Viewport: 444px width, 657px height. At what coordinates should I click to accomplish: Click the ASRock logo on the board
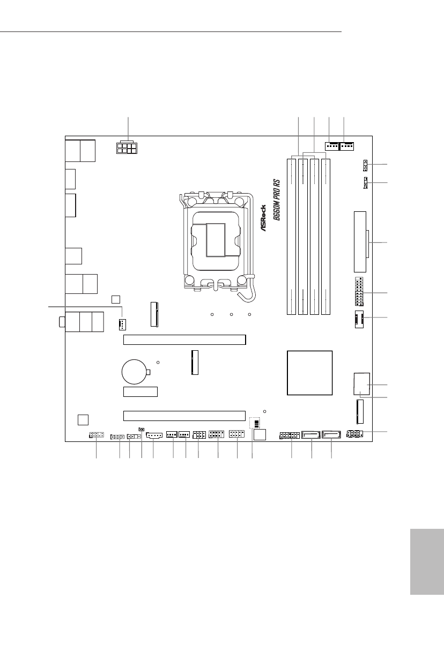(263, 218)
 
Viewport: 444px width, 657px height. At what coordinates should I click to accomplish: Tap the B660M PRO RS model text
(277, 200)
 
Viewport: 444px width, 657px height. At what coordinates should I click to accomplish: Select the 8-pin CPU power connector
(127, 147)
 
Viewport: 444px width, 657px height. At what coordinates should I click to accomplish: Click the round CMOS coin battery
(134, 372)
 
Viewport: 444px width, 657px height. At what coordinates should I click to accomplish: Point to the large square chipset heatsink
(310, 373)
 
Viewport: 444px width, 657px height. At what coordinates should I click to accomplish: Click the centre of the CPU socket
(216, 240)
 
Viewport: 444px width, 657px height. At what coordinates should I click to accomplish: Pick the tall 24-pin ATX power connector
(360, 242)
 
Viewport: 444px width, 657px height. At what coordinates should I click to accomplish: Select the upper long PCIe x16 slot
(184, 339)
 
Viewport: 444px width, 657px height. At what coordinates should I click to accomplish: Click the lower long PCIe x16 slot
(184, 416)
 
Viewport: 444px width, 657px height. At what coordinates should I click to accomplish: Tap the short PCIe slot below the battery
(140, 392)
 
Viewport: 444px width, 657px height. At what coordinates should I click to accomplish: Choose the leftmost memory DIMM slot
(291, 237)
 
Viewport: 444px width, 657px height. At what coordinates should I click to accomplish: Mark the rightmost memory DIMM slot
(326, 237)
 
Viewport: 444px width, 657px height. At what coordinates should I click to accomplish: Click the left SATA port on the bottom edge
(310, 434)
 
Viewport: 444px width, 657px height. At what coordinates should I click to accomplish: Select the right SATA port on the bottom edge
(331, 434)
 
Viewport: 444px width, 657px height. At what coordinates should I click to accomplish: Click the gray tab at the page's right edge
(427, 562)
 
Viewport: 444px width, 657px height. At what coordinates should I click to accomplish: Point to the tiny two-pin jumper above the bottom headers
(142, 430)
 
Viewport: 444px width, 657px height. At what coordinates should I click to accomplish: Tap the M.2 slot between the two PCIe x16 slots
(195, 362)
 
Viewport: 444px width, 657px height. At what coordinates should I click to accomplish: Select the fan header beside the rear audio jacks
(123, 324)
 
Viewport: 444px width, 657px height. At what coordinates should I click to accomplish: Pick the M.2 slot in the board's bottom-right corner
(360, 412)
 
